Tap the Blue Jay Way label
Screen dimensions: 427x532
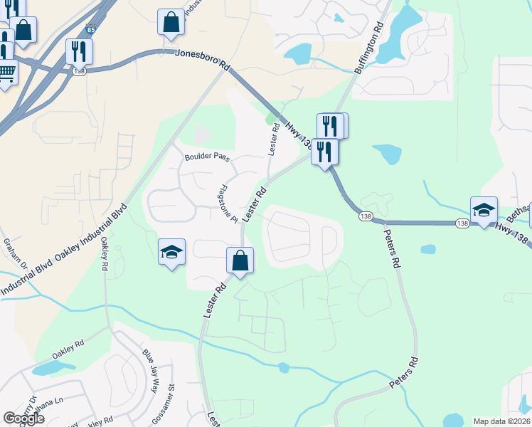pyautogui.click(x=149, y=368)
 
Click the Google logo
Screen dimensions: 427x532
pyautogui.click(x=23, y=418)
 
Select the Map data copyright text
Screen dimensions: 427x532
pyautogui.click(x=501, y=421)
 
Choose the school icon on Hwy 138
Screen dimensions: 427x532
pyautogui.click(x=484, y=210)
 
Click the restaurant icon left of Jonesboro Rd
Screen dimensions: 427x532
pyautogui.click(x=78, y=51)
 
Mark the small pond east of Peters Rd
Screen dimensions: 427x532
pyautogui.click(x=427, y=249)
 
